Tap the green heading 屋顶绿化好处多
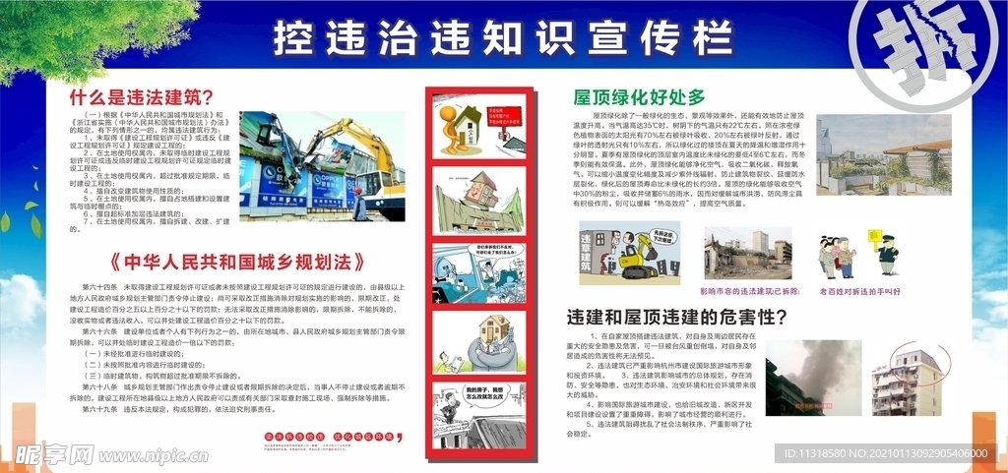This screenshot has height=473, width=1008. pyautogui.click(x=640, y=96)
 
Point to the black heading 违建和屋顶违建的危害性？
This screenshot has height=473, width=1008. pyautogui.click(x=677, y=318)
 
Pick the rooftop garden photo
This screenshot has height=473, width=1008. pyautogui.click(x=883, y=154)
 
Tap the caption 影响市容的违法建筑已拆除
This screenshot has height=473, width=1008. pyautogui.click(x=741, y=291)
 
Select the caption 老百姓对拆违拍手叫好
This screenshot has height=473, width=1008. pyautogui.click(x=859, y=291)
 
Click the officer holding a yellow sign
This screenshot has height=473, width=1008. pyautogui.click(x=887, y=255)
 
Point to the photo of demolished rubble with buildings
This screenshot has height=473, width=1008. pyautogui.click(x=747, y=254)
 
